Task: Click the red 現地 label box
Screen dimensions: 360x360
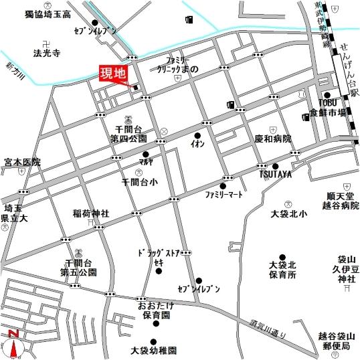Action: tap(112, 73)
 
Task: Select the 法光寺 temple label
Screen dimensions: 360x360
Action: tap(48, 51)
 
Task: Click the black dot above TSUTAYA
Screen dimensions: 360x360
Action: tap(274, 166)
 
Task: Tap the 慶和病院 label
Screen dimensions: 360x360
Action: tap(273, 140)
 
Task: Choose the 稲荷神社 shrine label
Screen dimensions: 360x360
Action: tap(91, 214)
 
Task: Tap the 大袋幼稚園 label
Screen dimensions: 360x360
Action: tap(153, 350)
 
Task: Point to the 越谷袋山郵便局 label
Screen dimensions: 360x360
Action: tap(335, 342)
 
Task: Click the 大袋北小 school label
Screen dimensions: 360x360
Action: tap(288, 214)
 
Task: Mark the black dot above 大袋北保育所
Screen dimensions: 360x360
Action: tap(282, 256)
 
